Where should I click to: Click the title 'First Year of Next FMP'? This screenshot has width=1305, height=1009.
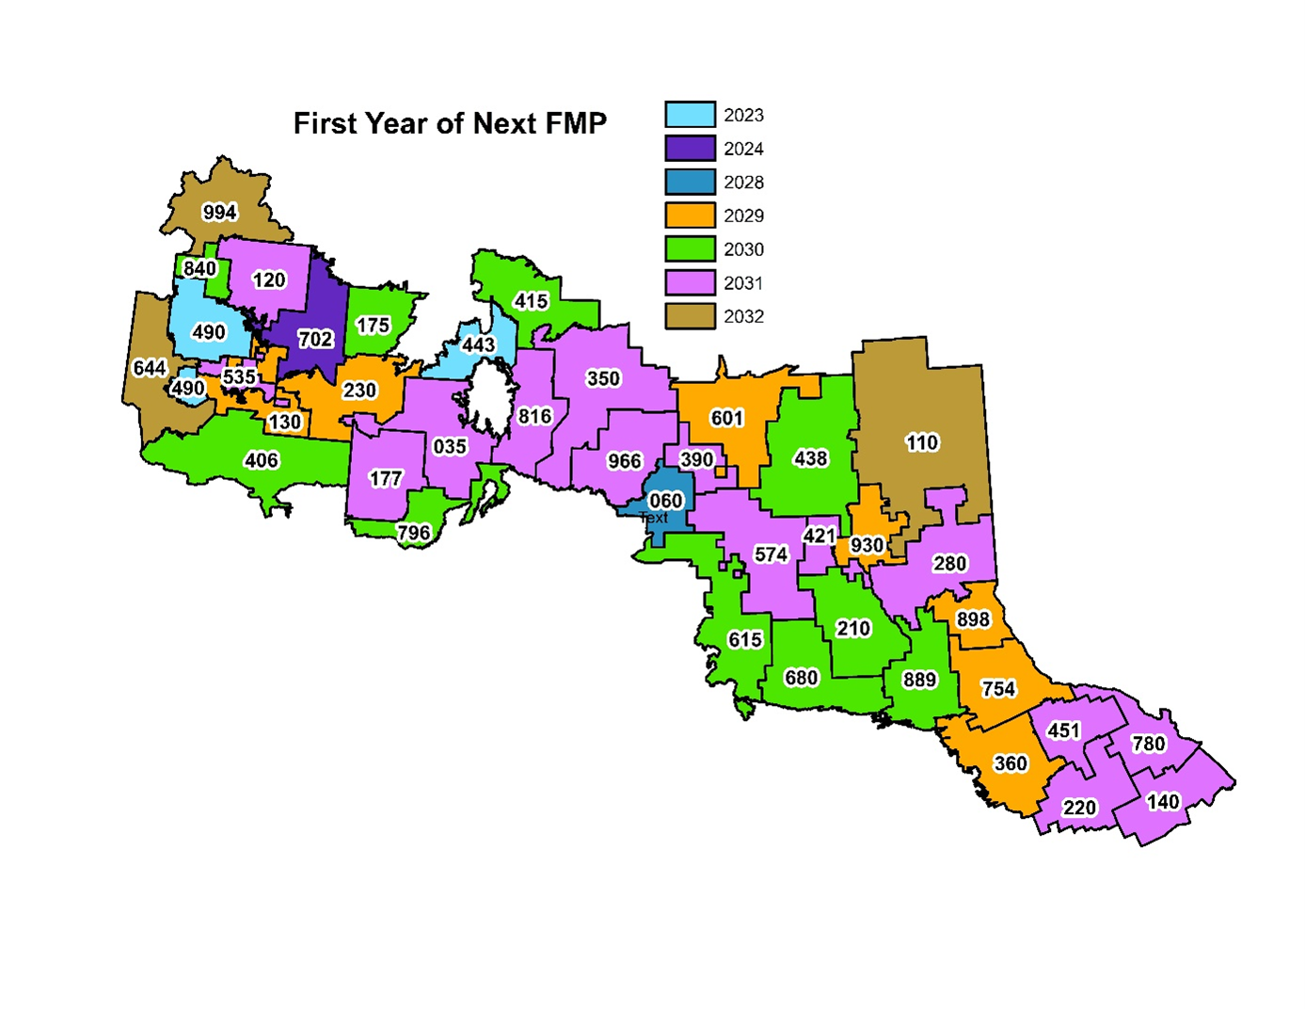[x=450, y=123]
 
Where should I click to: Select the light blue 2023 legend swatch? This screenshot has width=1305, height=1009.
[x=690, y=115]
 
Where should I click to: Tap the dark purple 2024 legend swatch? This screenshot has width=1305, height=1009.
[x=690, y=149]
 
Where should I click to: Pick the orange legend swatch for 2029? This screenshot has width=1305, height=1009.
[x=690, y=216]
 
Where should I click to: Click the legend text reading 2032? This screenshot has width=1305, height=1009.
[x=743, y=317]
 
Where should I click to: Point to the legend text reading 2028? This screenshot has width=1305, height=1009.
[x=743, y=183]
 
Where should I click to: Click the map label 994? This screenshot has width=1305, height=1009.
[x=220, y=212]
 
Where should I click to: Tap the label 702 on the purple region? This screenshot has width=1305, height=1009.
[x=315, y=339]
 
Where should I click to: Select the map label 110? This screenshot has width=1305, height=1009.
[x=922, y=442]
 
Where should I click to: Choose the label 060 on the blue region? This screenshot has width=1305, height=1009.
[x=666, y=501]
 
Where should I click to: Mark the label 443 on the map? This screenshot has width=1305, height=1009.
[x=478, y=344]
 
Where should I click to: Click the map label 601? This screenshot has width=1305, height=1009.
[x=726, y=418]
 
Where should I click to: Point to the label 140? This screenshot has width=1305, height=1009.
[x=1163, y=801]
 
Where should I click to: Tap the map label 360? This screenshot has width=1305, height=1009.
[x=1011, y=763]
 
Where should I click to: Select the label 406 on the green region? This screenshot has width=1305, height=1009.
[x=262, y=460]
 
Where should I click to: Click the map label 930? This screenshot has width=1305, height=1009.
[x=867, y=545]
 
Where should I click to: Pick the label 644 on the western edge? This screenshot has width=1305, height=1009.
[x=150, y=368]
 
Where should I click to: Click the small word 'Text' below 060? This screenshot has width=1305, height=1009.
[x=654, y=519]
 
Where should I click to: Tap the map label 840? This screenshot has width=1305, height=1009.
[x=199, y=269]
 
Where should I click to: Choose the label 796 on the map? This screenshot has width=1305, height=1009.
[x=413, y=533]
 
